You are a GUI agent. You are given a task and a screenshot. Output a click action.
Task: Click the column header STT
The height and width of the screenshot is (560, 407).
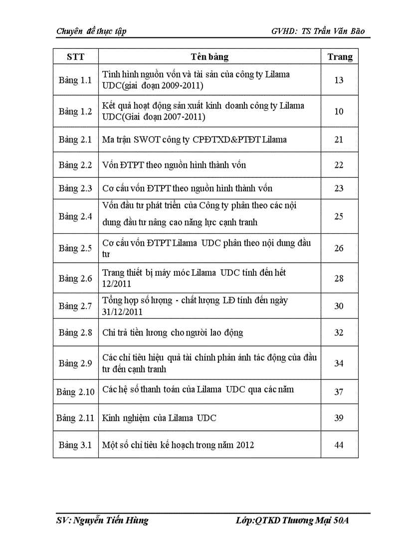tap(75, 57)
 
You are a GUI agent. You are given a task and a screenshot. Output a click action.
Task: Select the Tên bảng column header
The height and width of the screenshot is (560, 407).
tap(209, 57)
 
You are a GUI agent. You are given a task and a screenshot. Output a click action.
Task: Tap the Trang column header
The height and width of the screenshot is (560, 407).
tap(340, 57)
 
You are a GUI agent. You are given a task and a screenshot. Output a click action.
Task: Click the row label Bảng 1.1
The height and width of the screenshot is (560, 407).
tap(75, 80)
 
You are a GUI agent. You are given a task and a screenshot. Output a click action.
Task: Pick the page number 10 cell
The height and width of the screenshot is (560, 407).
tap(339, 111)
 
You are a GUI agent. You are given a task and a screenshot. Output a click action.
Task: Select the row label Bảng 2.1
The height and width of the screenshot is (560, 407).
tap(75, 140)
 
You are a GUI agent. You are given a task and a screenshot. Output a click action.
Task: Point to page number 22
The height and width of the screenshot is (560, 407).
tap(339, 165)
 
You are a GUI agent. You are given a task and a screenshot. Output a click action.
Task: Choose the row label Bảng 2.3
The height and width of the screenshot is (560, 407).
tap(75, 188)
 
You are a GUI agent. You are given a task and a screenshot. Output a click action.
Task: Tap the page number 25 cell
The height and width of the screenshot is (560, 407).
tap(339, 216)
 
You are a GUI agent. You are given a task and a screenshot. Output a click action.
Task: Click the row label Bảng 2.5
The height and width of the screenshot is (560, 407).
tap(75, 248)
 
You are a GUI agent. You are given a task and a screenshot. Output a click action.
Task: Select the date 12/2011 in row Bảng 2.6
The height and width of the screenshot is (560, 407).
tap(117, 284)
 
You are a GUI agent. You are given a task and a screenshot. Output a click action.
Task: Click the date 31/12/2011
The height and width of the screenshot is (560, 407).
tap(123, 312)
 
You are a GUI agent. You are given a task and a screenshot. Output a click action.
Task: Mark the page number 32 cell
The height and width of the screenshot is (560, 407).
tap(339, 333)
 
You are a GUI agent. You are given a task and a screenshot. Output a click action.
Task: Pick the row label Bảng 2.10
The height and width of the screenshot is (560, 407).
tap(75, 391)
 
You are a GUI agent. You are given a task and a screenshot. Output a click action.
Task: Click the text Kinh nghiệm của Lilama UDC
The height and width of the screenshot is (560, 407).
tap(159, 418)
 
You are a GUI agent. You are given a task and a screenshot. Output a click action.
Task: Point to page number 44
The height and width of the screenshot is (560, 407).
tap(339, 445)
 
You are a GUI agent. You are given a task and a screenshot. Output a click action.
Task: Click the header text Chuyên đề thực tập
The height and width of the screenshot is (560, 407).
tap(91, 31)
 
